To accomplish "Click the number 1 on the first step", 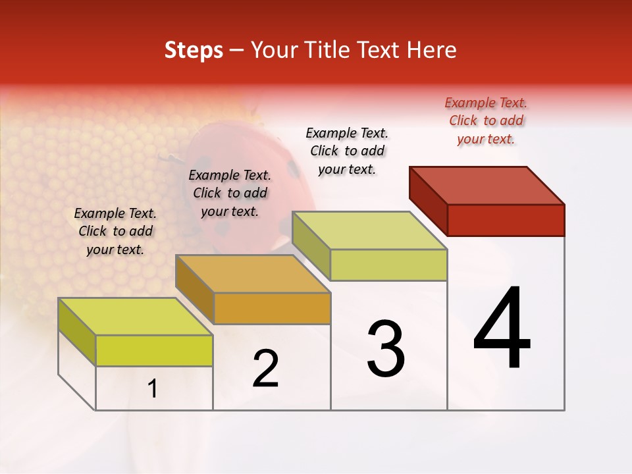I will [153, 389].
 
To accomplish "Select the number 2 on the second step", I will [265, 369].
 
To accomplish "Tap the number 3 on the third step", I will [386, 349].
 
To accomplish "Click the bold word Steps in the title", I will [194, 50].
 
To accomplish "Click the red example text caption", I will [486, 121].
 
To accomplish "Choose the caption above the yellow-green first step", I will [115, 231].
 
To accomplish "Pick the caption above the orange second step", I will [230, 193].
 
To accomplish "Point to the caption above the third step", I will [347, 151].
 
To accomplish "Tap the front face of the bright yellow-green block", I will [154, 350].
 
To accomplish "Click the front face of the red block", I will [506, 220].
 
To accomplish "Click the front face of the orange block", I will [272, 308].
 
